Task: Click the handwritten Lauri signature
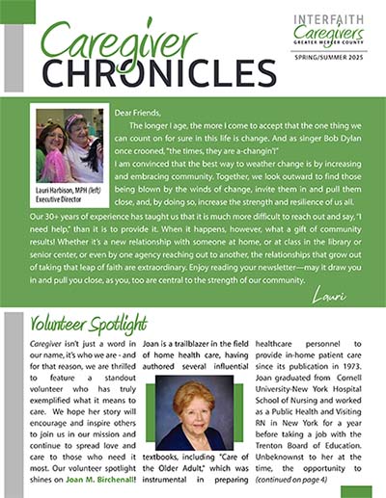tap(336, 297)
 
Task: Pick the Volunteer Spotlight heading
tap(89, 323)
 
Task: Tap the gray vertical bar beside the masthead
tap(14, 57)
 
